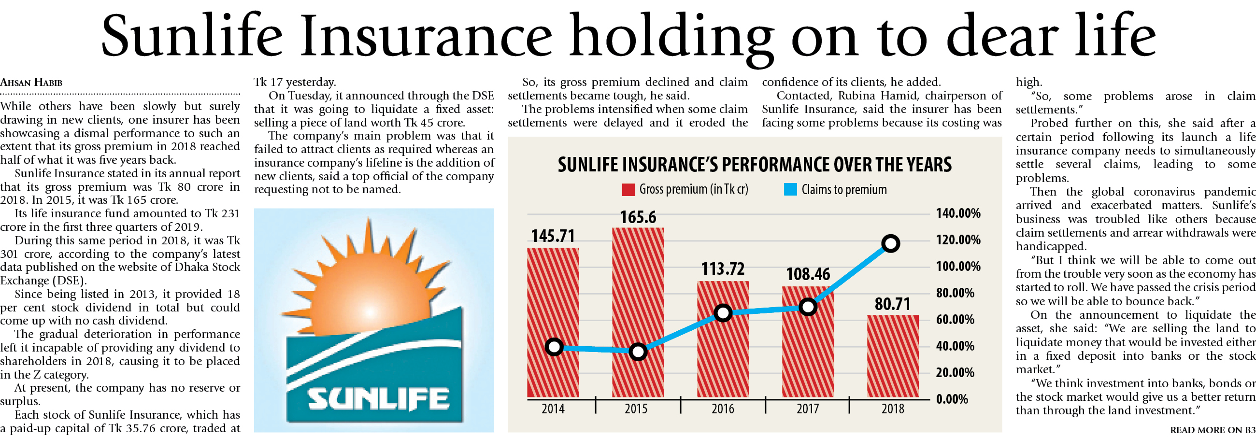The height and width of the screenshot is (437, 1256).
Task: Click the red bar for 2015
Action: (x=638, y=312)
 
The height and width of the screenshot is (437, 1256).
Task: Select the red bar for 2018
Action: (x=892, y=356)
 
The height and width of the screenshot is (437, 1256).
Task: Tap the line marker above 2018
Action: (x=890, y=243)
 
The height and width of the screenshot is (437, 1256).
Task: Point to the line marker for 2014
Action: (x=554, y=347)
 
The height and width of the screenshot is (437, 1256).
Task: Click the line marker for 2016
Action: (x=723, y=313)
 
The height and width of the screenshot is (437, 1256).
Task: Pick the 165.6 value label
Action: (x=638, y=217)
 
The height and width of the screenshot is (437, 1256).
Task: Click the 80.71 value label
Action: (x=892, y=305)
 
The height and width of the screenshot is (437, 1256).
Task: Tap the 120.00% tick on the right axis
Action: (x=957, y=240)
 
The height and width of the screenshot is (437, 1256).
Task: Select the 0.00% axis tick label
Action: (x=952, y=399)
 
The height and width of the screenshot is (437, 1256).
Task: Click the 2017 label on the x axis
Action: (x=807, y=409)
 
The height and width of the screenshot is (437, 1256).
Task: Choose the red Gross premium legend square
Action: (x=628, y=189)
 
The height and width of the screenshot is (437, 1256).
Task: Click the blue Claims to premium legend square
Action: (x=790, y=189)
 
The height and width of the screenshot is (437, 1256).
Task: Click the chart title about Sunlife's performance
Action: (x=754, y=165)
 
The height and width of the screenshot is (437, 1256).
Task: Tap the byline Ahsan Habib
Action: (x=31, y=83)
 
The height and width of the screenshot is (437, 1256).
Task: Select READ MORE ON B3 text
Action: (x=1212, y=430)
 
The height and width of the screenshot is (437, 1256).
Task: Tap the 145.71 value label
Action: (x=553, y=236)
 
